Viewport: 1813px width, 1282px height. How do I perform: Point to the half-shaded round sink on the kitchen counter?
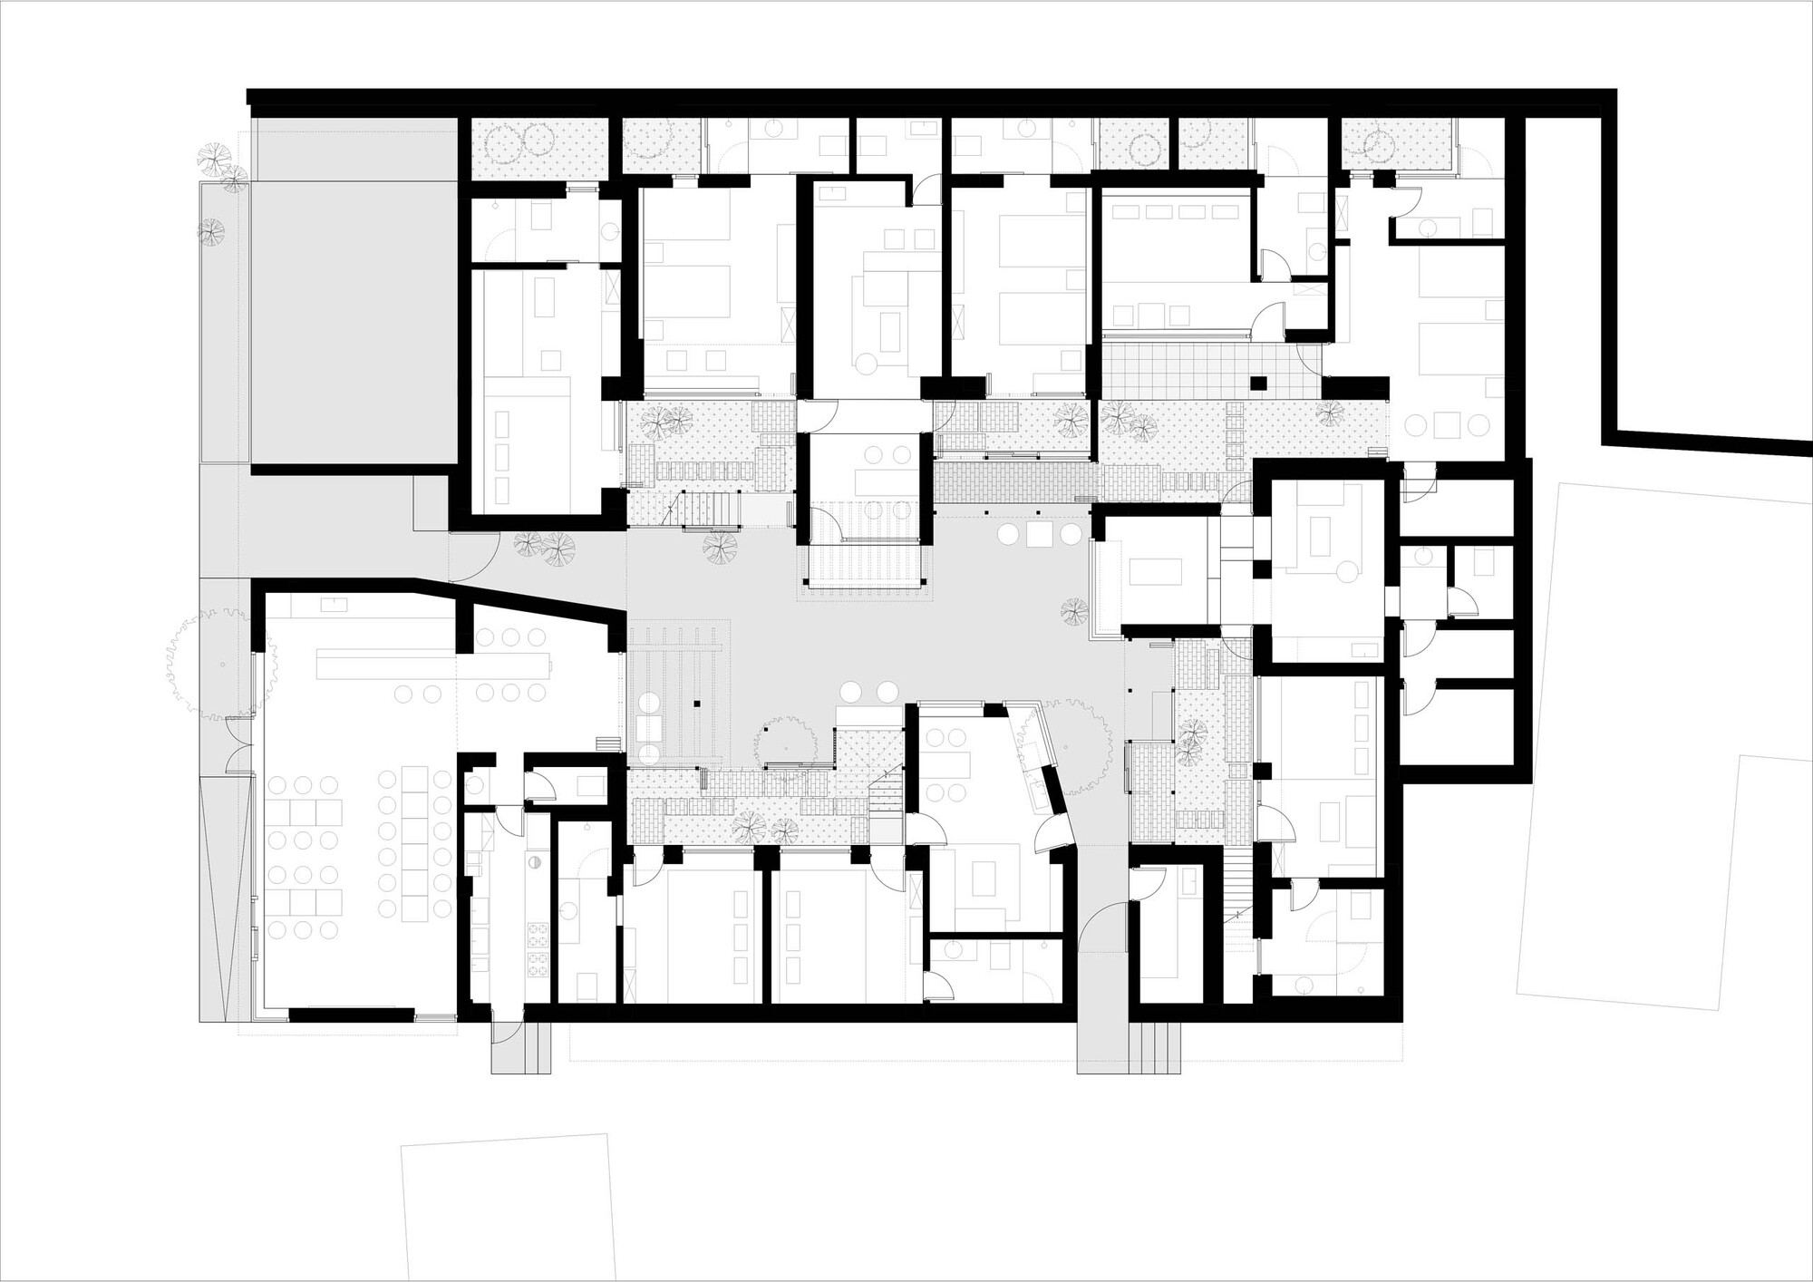pos(535,862)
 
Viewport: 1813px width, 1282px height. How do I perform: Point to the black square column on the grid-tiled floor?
pos(1256,382)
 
